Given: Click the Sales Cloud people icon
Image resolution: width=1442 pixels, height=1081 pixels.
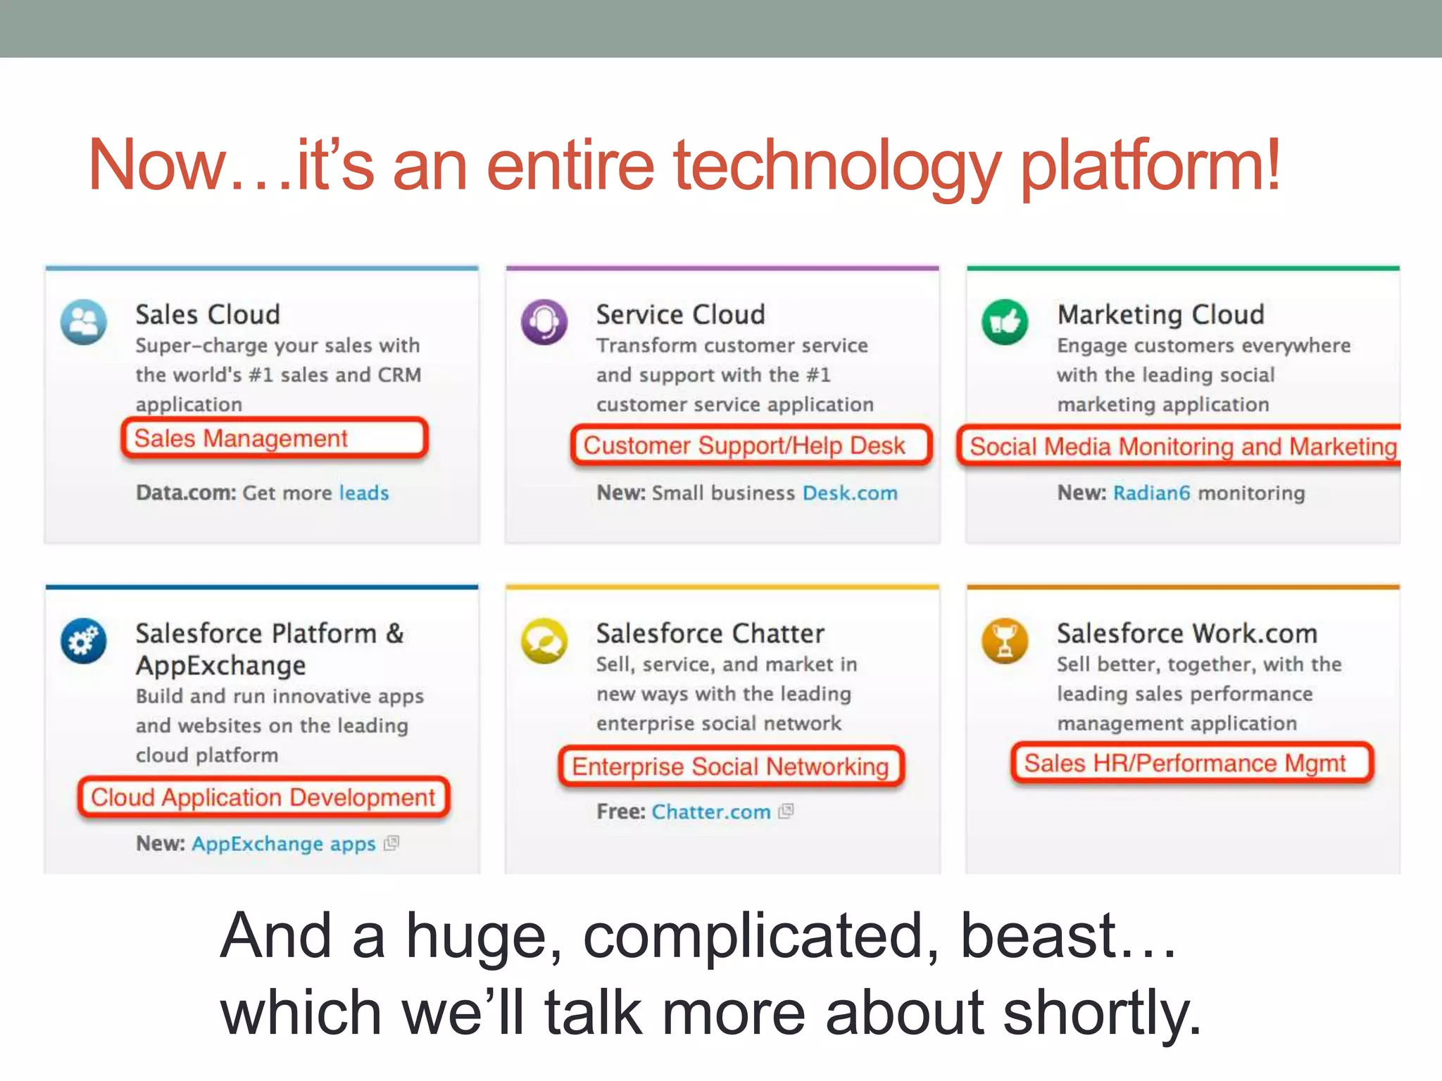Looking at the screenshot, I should click(x=84, y=322).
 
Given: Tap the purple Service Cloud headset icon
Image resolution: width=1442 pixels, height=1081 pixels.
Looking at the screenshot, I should click(x=544, y=322).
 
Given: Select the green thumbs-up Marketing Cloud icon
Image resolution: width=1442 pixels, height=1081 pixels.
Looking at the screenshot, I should click(x=1005, y=322).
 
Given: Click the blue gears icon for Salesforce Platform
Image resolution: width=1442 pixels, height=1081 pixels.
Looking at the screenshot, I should click(x=84, y=641).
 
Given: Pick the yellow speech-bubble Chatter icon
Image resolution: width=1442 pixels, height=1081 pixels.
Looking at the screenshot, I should click(x=544, y=641).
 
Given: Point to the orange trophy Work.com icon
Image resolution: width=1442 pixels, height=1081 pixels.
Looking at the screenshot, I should click(x=1005, y=641).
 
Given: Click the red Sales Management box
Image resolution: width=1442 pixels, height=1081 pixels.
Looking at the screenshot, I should click(x=275, y=438).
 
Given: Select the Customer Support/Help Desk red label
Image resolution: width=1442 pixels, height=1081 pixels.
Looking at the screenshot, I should click(x=751, y=445).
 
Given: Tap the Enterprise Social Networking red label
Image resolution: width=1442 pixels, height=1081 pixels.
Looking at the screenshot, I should click(x=731, y=766).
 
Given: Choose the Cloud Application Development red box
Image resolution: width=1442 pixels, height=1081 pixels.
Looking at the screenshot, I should click(x=263, y=797).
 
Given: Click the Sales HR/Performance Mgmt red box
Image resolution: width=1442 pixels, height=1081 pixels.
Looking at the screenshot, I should click(x=1191, y=763).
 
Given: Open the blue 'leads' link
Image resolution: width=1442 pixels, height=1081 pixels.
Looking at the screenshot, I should click(x=364, y=493).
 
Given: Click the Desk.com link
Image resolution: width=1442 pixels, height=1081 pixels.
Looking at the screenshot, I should click(x=850, y=493).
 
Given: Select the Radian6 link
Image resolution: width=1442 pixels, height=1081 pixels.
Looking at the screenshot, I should click(x=1151, y=493).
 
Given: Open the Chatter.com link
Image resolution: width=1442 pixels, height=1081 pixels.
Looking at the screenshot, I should click(x=711, y=811).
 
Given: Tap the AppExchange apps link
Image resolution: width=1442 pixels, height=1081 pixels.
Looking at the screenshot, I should click(x=284, y=843).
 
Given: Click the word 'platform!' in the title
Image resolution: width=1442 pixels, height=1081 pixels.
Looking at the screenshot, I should click(x=1150, y=167).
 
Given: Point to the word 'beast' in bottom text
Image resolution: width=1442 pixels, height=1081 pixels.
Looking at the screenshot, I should click(x=1039, y=936).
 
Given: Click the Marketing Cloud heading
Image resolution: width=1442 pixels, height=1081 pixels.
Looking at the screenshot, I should click(x=1161, y=315).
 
